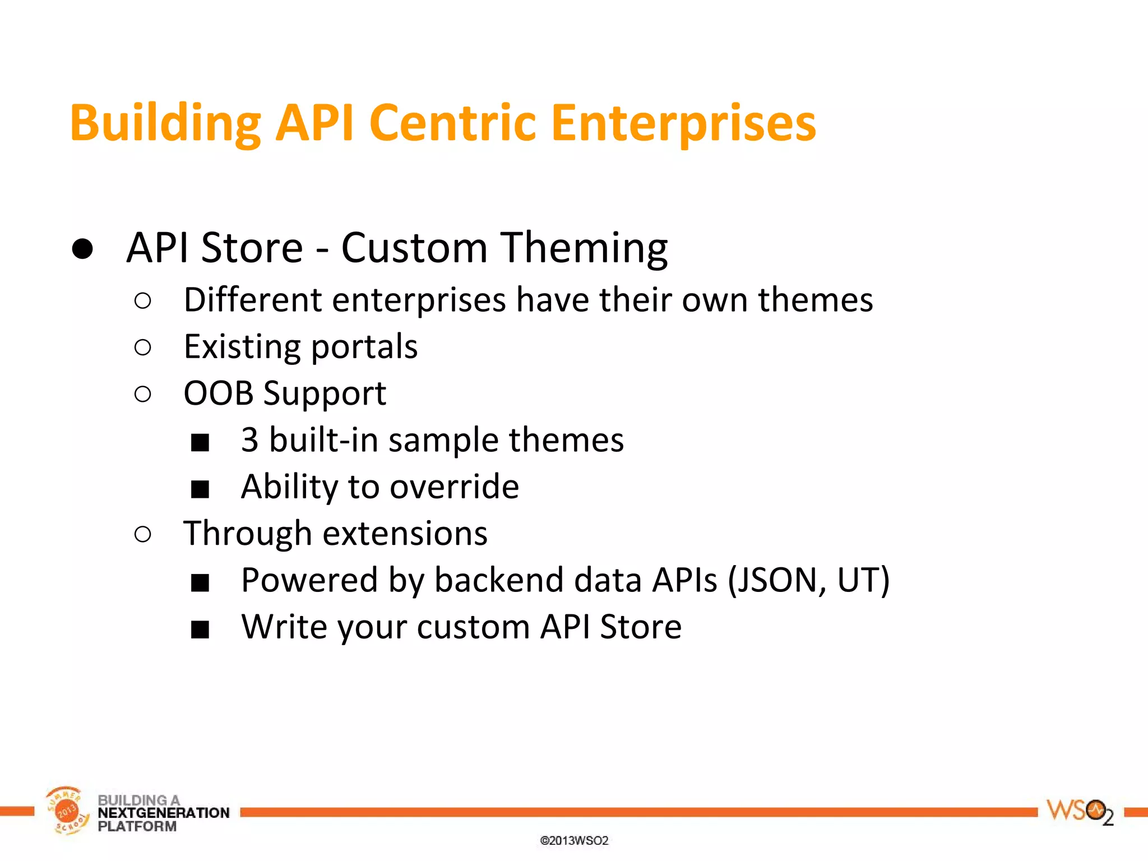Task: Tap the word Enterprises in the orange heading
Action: click(683, 123)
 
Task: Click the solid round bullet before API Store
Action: click(82, 248)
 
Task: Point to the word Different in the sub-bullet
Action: click(253, 300)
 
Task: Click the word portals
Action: click(364, 347)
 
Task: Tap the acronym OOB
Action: click(218, 394)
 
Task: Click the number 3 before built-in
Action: click(250, 440)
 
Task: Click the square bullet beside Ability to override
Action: click(200, 489)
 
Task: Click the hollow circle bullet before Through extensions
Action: click(143, 535)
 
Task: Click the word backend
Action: click(498, 580)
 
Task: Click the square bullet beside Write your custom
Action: click(200, 629)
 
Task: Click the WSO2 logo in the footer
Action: click(1079, 812)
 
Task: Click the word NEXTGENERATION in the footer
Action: click(163, 813)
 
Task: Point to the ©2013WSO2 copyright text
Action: click(574, 841)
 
